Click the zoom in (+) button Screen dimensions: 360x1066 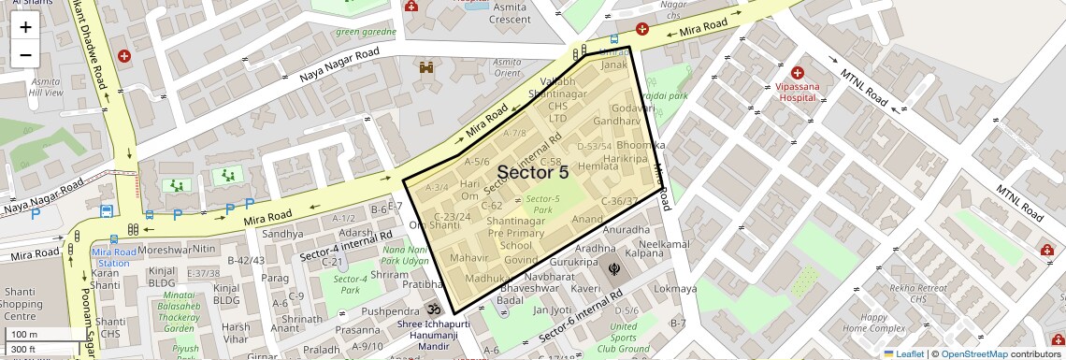25,27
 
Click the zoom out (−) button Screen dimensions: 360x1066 25,54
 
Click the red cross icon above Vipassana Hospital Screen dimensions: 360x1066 798,72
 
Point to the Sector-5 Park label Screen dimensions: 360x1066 542,204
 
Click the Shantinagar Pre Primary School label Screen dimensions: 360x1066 515,233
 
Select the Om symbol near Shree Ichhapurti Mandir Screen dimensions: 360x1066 432,310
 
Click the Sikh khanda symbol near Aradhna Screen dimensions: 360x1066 613,269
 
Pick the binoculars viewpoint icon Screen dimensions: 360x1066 426,67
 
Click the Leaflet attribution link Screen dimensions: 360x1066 903,353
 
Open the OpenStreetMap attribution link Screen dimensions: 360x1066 973,353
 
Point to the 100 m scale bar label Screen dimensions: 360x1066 25,334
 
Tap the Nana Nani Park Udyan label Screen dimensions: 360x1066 405,255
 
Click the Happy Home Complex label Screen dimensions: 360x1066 873,323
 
